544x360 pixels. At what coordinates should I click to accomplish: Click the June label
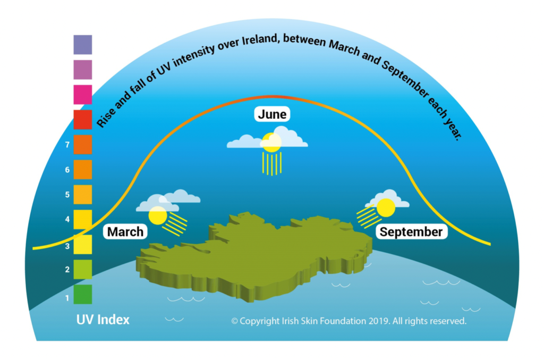[272, 114]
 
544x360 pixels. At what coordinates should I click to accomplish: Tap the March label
[125, 232]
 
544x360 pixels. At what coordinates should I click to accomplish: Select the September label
[411, 232]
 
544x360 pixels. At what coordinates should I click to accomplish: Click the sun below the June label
[271, 142]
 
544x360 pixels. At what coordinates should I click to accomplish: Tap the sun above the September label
[386, 207]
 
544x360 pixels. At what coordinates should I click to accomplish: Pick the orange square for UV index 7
[82, 144]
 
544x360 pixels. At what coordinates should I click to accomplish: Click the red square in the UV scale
[82, 119]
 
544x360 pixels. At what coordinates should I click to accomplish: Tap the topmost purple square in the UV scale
[82, 45]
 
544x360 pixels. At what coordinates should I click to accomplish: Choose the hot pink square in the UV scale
[82, 95]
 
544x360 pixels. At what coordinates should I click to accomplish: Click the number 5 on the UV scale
[67, 195]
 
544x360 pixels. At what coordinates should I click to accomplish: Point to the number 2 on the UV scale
[67, 270]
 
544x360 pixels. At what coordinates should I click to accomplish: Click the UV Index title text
[103, 320]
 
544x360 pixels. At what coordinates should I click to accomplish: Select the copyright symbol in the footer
[234, 321]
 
